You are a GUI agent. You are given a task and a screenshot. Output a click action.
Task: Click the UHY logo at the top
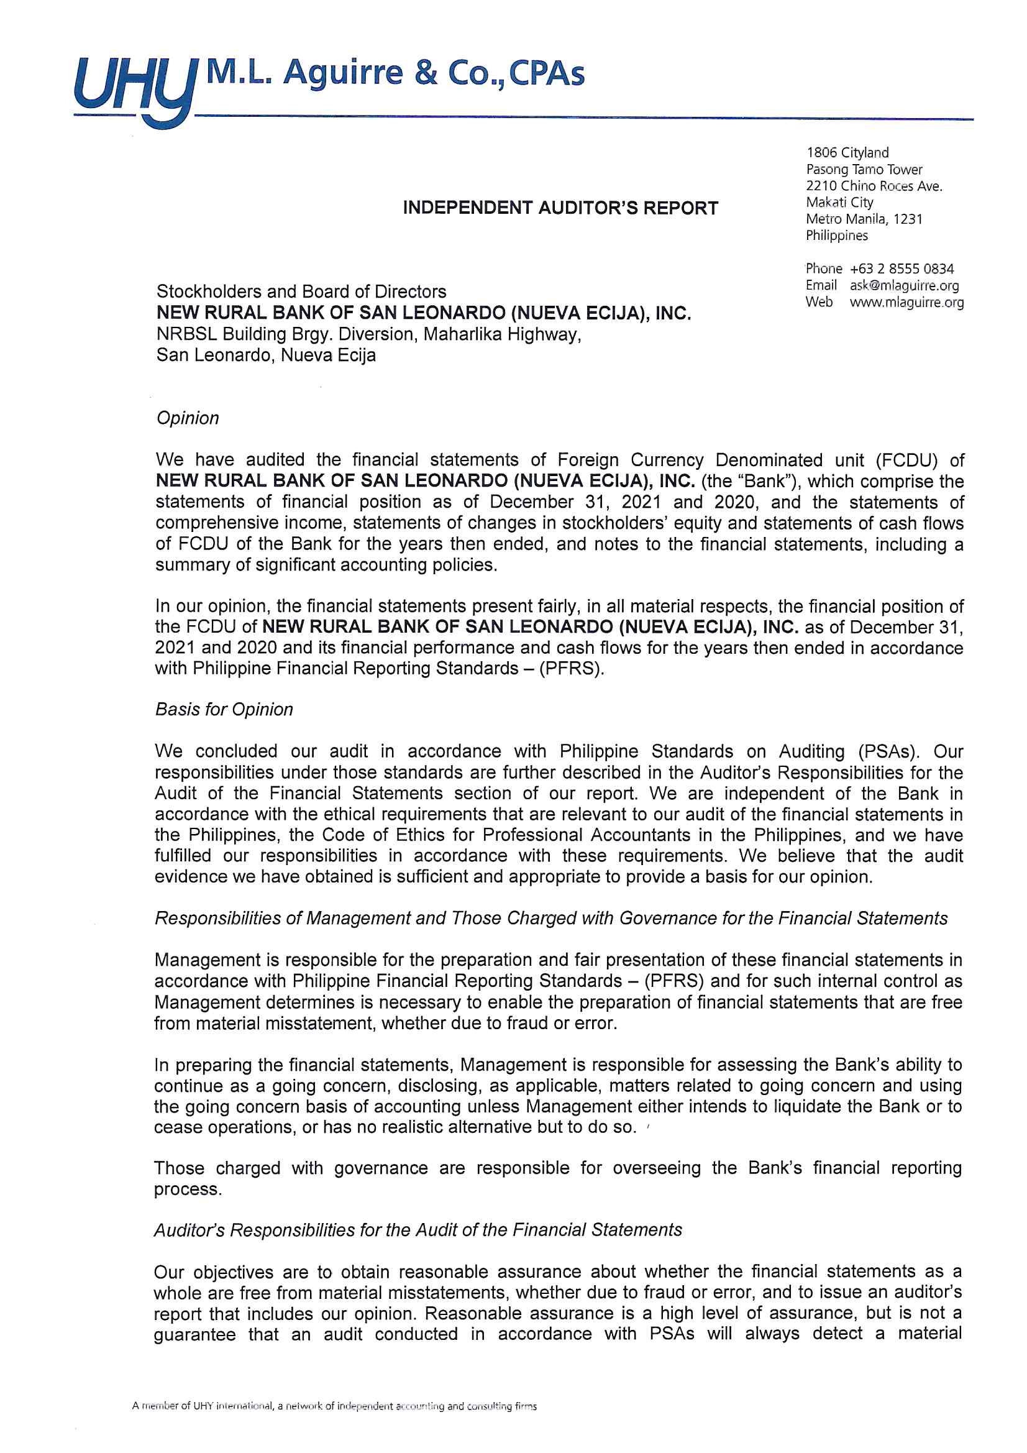point(133,89)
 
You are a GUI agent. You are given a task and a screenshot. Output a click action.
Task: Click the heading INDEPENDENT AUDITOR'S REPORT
point(560,208)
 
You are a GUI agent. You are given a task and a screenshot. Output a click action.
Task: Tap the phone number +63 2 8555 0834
point(901,269)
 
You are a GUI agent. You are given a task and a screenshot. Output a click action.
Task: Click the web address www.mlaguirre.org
point(906,303)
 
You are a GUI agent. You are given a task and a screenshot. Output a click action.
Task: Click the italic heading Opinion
point(187,418)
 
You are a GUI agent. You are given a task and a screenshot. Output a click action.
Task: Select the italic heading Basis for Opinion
point(224,710)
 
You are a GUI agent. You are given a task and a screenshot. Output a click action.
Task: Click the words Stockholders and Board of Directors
point(301,291)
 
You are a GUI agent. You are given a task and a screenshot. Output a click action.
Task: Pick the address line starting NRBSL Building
point(368,334)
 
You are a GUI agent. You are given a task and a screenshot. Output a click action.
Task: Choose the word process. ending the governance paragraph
point(188,1189)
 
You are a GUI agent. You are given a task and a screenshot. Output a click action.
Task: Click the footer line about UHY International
point(334,1407)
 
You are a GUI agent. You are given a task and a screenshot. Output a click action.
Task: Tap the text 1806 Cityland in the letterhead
point(847,152)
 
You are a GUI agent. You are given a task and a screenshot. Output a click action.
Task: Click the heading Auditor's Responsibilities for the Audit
point(418,1231)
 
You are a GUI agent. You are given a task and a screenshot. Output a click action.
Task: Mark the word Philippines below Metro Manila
point(836,236)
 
